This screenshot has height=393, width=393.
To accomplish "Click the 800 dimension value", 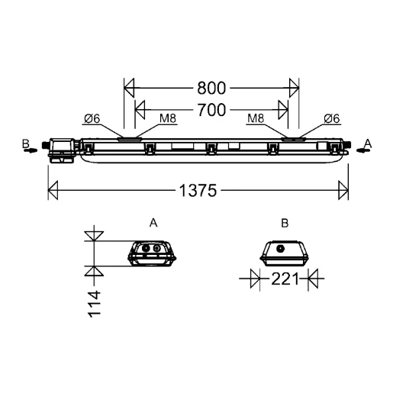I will (x=210, y=87).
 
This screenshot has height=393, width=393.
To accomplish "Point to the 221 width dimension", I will (x=284, y=279).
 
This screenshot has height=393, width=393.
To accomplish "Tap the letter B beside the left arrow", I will (x=24, y=143).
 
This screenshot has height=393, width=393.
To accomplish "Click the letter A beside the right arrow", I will (x=368, y=143).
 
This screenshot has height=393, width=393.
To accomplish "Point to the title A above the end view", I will (x=153, y=223).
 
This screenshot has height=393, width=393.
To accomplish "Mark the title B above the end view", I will (x=284, y=223).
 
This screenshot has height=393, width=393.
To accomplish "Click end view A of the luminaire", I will (x=153, y=253).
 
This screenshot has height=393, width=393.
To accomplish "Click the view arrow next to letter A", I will (x=363, y=150).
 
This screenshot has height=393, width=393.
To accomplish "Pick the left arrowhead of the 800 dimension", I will (x=129, y=87).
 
